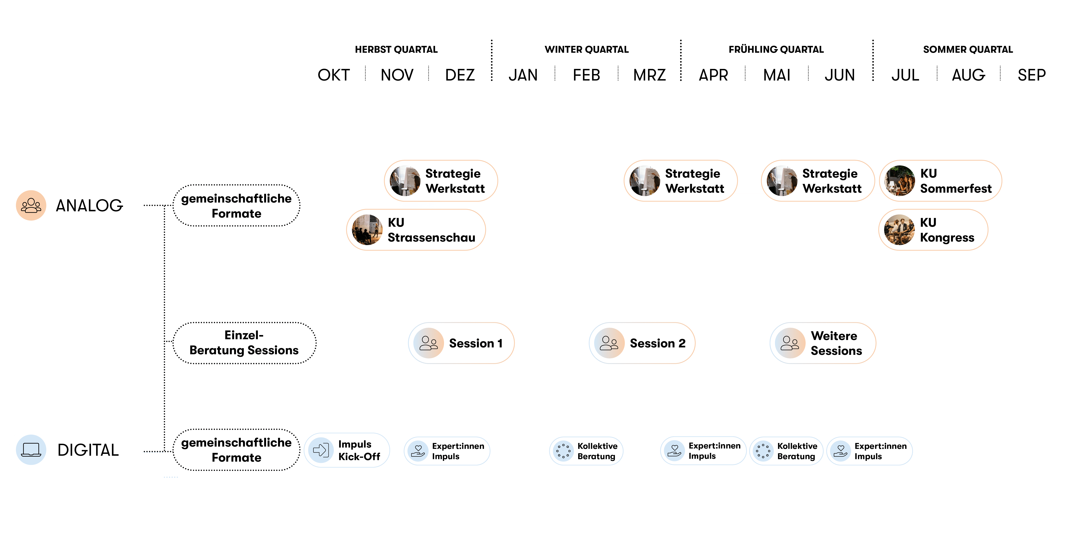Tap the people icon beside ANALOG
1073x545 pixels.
click(x=31, y=205)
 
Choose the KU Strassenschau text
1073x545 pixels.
click(x=431, y=230)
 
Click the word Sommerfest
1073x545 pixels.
click(x=956, y=189)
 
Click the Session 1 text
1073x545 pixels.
click(x=476, y=343)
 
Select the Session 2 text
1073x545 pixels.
click(x=657, y=343)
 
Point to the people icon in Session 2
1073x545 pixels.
click(x=609, y=343)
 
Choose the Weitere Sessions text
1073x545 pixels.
click(x=836, y=343)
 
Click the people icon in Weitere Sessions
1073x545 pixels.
click(x=790, y=343)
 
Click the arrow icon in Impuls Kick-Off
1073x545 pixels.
click(x=321, y=450)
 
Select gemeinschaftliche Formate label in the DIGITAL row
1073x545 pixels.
click(x=236, y=450)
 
